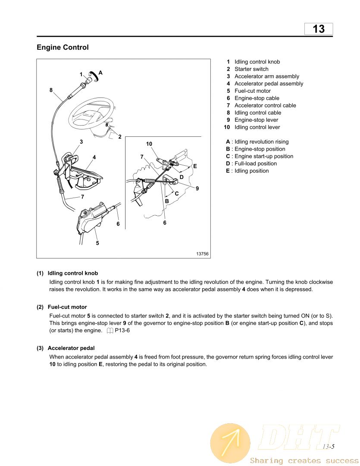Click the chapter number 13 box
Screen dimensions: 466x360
(319, 29)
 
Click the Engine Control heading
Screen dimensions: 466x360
(63, 47)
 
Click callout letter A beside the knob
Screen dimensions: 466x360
(100, 73)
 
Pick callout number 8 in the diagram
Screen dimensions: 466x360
(51, 90)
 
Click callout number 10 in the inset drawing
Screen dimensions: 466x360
(149, 144)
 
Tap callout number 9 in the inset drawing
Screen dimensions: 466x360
(197, 189)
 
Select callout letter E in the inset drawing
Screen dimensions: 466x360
(195, 166)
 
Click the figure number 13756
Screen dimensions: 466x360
(202, 254)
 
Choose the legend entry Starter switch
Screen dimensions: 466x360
(251, 69)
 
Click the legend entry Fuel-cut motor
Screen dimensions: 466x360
(253, 91)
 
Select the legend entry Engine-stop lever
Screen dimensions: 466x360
(256, 120)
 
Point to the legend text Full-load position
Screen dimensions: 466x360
(255, 164)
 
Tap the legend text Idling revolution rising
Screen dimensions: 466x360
(261, 142)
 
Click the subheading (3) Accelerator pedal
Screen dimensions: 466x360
(66, 348)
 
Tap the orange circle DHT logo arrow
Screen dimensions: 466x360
(230, 443)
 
